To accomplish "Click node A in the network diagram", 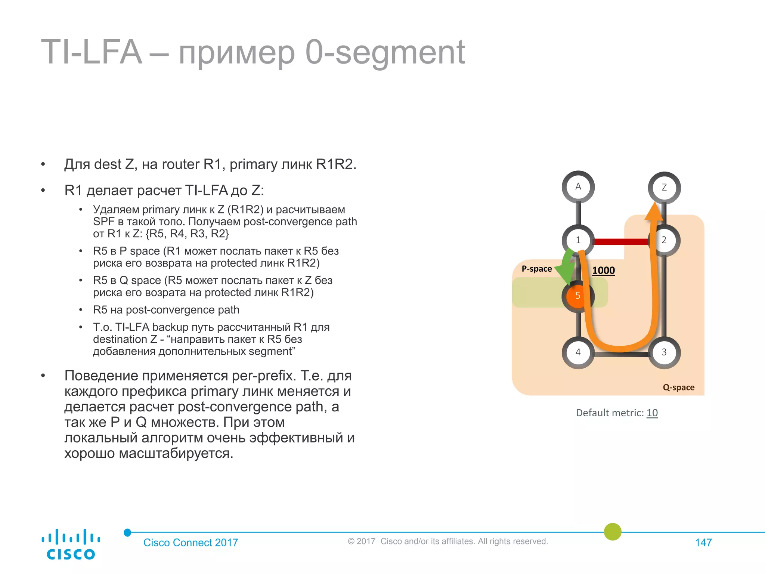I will pyautogui.click(x=578, y=187).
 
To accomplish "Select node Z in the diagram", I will pyautogui.click(x=664, y=188).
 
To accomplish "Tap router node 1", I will pyautogui.click(x=578, y=240).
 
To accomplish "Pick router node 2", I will pyautogui.click(x=665, y=240).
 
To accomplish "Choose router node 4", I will pyautogui.click(x=578, y=352).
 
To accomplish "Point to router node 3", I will pyautogui.click(x=664, y=352).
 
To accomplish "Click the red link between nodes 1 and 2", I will pyautogui.click(x=621, y=242).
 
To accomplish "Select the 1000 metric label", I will pyautogui.click(x=603, y=271).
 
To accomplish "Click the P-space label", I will pyautogui.click(x=536, y=269).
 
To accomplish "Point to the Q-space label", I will pyautogui.click(x=678, y=388).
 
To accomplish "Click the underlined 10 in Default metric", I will pyautogui.click(x=652, y=413).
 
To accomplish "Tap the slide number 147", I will pyautogui.click(x=703, y=543).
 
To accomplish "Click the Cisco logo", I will pyautogui.click(x=71, y=544).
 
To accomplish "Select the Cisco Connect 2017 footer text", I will pyautogui.click(x=191, y=543).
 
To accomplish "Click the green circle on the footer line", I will pyautogui.click(x=613, y=532).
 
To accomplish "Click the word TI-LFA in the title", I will pyautogui.click(x=91, y=52).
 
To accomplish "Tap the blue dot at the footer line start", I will pyautogui.click(x=127, y=533).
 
